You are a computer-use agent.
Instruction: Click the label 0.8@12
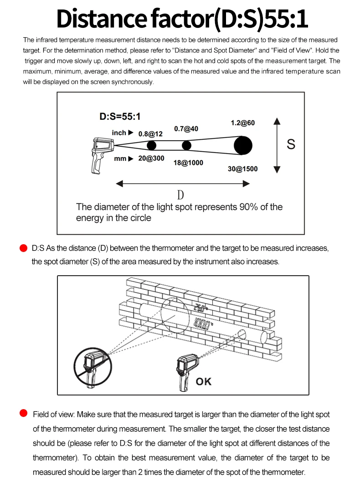(x=150, y=134)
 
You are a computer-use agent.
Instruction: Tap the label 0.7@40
(x=186, y=129)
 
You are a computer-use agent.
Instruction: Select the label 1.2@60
(x=243, y=123)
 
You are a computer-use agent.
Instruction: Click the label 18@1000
(x=188, y=163)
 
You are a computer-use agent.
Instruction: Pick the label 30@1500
(x=243, y=169)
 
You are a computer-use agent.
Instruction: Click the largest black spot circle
(x=242, y=145)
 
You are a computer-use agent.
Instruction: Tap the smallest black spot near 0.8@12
(x=151, y=145)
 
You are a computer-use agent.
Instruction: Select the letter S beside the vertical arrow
(x=291, y=144)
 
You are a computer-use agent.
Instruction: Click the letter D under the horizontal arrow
(x=180, y=195)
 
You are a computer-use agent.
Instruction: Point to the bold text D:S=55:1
(x=120, y=116)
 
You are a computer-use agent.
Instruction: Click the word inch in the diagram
(x=119, y=133)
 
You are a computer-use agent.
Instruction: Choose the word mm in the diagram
(x=120, y=159)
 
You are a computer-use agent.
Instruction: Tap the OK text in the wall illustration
(x=203, y=381)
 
